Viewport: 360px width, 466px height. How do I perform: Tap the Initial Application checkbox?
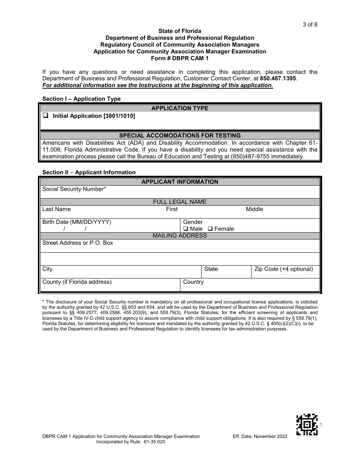45,116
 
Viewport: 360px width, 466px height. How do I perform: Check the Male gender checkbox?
186,229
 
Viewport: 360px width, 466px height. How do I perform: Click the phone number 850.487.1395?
278,78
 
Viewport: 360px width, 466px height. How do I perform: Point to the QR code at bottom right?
307,425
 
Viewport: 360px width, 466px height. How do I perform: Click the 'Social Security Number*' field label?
74,189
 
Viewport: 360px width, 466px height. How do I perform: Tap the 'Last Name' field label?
56,209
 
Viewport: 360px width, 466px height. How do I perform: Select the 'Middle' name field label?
254,209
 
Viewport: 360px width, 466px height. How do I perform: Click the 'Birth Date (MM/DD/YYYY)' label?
77,222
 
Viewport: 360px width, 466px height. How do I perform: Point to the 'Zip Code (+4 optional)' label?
283,269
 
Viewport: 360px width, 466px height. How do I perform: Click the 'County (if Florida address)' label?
77,282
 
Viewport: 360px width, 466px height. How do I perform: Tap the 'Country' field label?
193,282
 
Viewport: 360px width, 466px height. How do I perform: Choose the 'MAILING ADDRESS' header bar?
180,236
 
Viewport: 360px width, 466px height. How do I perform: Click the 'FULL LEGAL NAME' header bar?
180,202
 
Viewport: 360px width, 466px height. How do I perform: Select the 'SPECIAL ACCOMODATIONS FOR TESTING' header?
180,135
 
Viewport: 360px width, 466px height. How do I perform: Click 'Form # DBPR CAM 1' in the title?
180,58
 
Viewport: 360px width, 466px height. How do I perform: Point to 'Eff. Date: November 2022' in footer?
260,436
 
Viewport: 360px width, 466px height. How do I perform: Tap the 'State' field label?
211,269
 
